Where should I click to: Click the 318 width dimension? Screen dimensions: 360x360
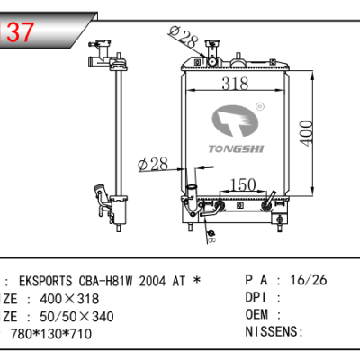[x=236, y=84]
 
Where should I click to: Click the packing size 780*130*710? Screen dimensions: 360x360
[x=52, y=333]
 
